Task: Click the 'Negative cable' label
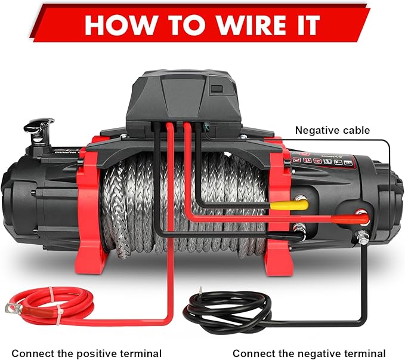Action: point(333,130)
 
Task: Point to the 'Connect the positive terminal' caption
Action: point(86,353)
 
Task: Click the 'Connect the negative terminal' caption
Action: point(309,353)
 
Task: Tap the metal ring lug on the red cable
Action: point(12,308)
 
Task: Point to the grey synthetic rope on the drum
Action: point(179,203)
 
